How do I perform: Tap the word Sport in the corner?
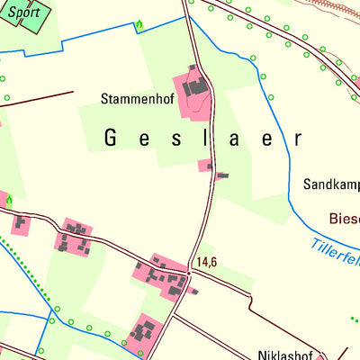point(24,13)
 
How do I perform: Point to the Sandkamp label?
point(331,185)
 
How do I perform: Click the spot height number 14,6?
point(206,262)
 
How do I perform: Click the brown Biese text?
point(344,219)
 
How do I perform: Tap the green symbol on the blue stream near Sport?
point(139,26)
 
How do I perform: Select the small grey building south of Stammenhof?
point(221,175)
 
